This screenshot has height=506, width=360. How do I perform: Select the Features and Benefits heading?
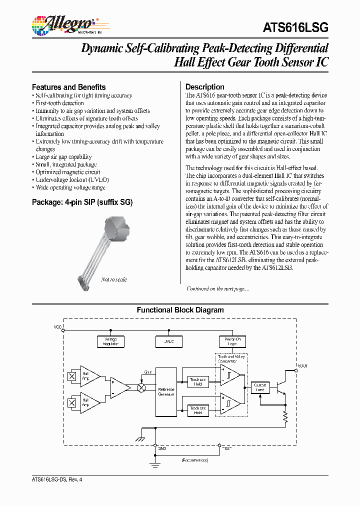(68, 86)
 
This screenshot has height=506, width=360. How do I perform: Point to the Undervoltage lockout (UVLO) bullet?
(72, 179)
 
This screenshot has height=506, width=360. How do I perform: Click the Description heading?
(204, 86)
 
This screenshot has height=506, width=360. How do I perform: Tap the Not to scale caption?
(113, 279)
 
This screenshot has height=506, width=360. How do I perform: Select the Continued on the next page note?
(217, 288)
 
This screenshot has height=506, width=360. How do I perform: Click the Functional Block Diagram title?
(180, 310)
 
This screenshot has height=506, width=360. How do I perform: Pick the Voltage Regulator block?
(110, 341)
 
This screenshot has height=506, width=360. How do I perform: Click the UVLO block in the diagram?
(169, 341)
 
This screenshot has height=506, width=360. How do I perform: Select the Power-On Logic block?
(232, 341)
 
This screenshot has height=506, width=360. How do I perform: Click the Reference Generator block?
(166, 392)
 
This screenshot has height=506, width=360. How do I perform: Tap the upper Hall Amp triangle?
(88, 375)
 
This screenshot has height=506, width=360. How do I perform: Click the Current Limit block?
(260, 387)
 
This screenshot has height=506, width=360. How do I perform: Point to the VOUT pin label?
(303, 366)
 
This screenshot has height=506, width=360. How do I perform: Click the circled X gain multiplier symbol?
(141, 387)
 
